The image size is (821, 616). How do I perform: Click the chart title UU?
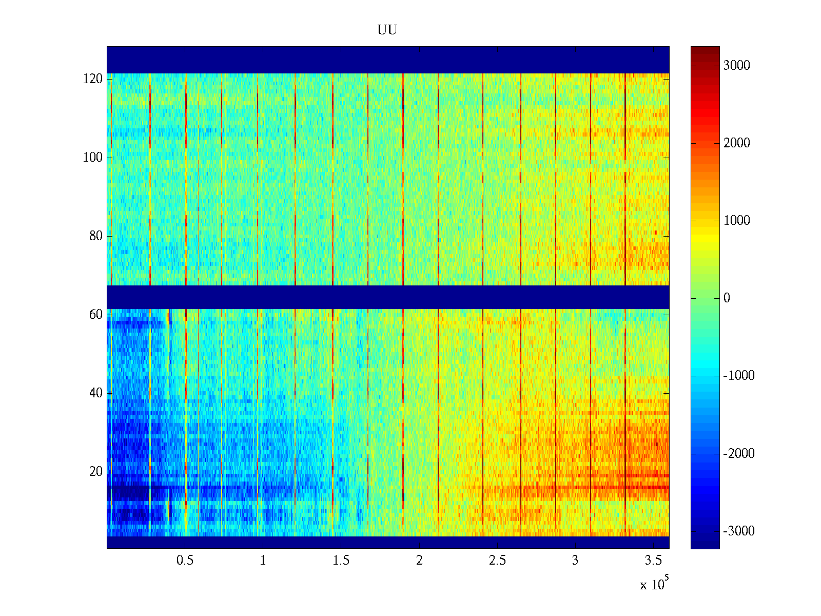(387, 30)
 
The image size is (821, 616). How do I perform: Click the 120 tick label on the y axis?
(93, 79)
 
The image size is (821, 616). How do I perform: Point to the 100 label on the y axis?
(93, 158)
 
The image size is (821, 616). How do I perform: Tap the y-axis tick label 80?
(96, 236)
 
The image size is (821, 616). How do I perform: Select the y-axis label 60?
(96, 315)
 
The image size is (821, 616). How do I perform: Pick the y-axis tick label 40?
(96, 393)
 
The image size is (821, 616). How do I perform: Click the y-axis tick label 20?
(96, 472)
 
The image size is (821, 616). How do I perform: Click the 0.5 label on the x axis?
(185, 561)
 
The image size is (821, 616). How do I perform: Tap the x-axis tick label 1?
(263, 561)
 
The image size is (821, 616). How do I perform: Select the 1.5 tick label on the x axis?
(341, 561)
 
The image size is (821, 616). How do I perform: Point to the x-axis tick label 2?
(419, 561)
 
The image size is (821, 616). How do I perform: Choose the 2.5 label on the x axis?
(497, 561)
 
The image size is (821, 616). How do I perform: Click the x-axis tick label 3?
(575, 561)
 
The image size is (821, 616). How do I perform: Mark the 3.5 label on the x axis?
(653, 561)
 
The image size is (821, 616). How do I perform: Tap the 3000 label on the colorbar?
(736, 66)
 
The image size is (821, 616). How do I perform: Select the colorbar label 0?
(727, 298)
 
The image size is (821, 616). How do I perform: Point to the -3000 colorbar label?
(739, 531)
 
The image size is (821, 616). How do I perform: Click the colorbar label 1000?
(736, 221)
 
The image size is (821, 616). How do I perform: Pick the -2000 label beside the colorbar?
(739, 454)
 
